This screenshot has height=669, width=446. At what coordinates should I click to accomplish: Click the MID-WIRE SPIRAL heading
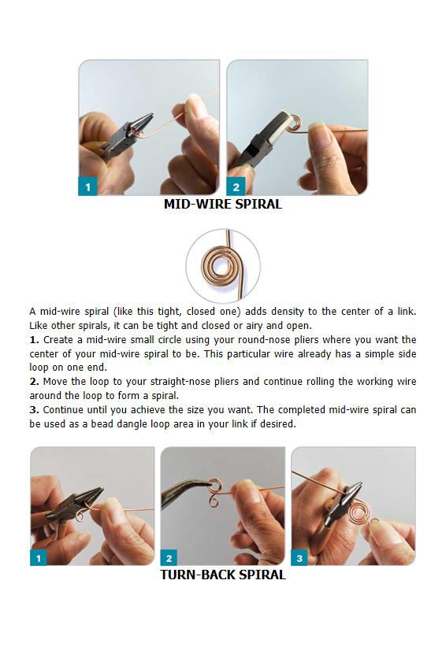coord(222,204)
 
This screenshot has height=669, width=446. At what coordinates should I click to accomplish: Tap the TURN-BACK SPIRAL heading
coord(222,575)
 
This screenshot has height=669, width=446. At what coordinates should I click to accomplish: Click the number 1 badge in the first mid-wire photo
coord(88,187)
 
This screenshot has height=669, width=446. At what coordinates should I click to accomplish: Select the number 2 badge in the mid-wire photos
coord(236,187)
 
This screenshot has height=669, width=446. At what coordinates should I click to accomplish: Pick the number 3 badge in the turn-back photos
coord(299,557)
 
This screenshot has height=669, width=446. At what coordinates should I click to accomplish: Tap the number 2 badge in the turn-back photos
coord(169,557)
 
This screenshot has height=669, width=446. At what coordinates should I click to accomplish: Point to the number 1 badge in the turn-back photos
coord(39,557)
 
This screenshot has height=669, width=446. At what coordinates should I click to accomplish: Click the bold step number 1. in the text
coord(34,340)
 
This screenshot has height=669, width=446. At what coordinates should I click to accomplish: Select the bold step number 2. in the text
coord(34,382)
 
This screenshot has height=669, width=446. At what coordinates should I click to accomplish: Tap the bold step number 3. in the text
coord(34,409)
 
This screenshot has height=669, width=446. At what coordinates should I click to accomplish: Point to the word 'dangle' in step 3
coord(132,424)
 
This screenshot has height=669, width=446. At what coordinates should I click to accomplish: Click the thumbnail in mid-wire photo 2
coord(318,129)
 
